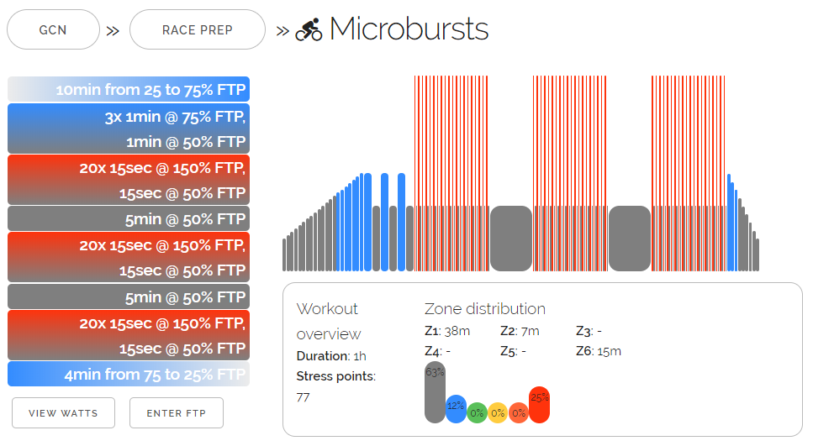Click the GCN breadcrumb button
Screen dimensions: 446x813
tap(52, 30)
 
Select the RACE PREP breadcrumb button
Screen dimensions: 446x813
tap(198, 30)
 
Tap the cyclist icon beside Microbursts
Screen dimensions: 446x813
tap(309, 30)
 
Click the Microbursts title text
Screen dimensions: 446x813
tap(409, 29)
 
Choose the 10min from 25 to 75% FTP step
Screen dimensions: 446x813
tap(129, 90)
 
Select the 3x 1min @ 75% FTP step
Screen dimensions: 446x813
tap(129, 129)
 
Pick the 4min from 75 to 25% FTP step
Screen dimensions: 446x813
tap(129, 375)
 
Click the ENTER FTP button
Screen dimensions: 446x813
tap(177, 413)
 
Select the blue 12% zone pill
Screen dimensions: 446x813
tap(456, 408)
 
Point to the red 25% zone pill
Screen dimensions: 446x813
tap(539, 404)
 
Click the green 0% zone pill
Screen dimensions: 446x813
tap(477, 412)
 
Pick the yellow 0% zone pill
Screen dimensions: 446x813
tap(498, 412)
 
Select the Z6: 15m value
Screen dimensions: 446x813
tap(599, 351)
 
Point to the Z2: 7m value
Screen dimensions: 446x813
tap(520, 331)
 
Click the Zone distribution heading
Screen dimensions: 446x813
tap(484, 309)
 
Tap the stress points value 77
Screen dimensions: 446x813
tap(304, 396)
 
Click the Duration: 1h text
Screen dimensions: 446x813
tap(330, 355)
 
